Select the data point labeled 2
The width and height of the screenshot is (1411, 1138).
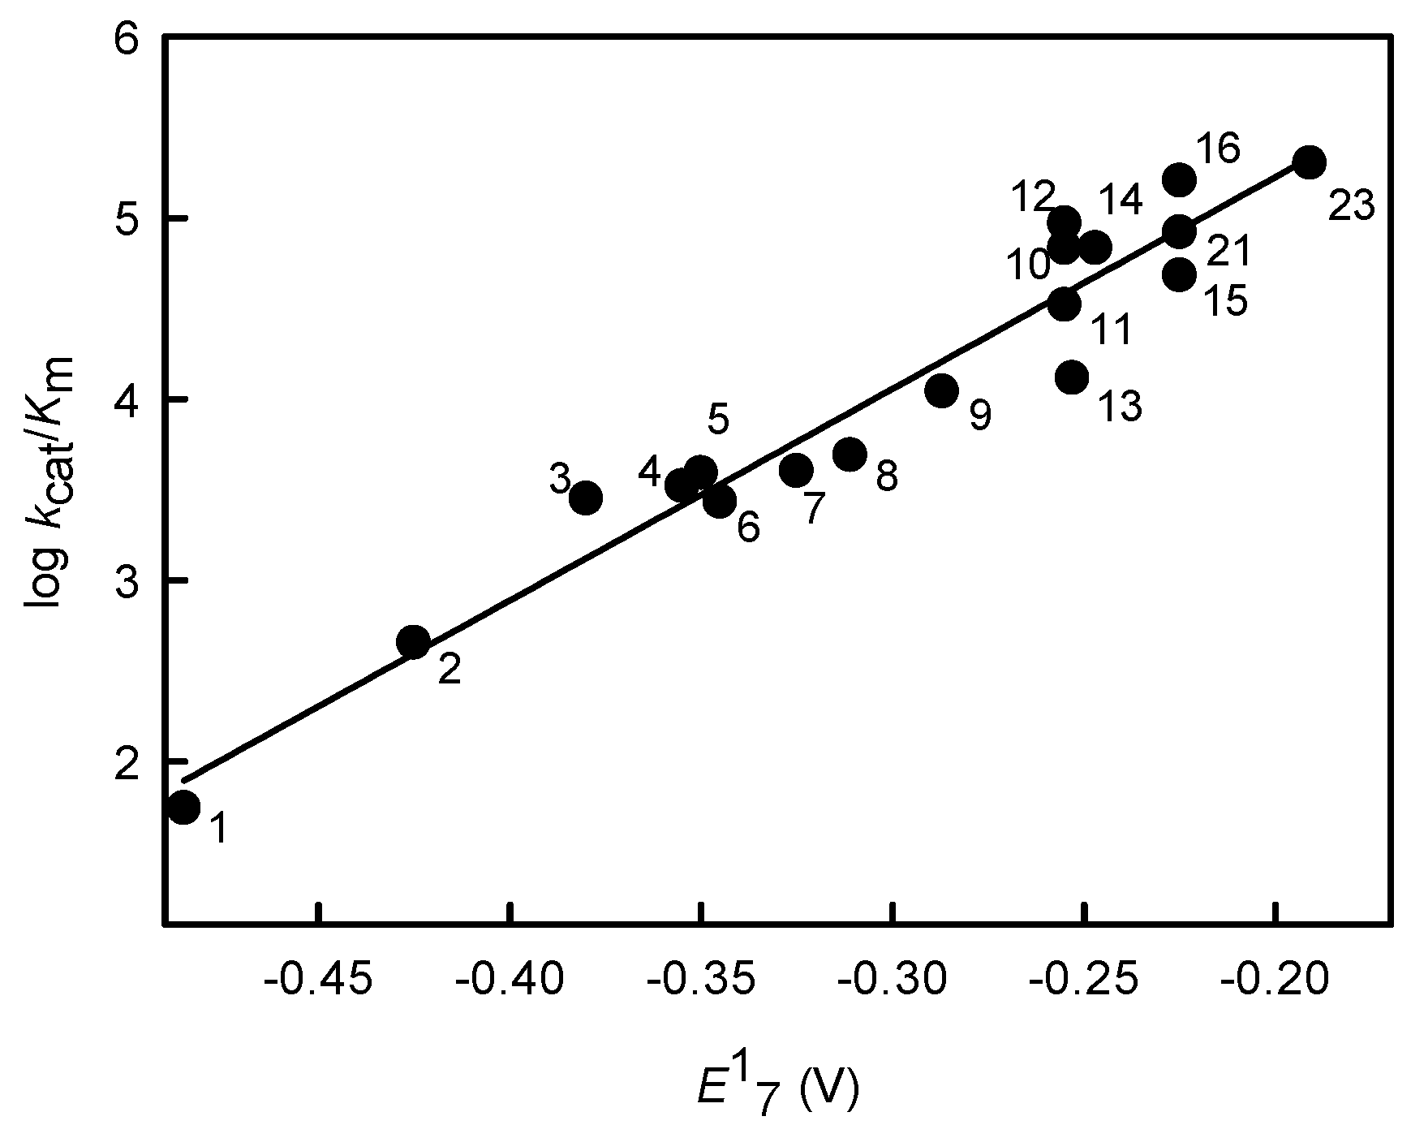pyautogui.click(x=414, y=643)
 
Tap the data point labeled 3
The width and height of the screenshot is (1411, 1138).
pyautogui.click(x=585, y=498)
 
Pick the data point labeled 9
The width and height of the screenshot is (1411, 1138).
pyautogui.click(x=941, y=390)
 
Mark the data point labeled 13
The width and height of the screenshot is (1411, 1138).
pyautogui.click(x=1072, y=377)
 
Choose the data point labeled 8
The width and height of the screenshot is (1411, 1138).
pyautogui.click(x=850, y=454)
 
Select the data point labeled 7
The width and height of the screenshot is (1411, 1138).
pyautogui.click(x=796, y=469)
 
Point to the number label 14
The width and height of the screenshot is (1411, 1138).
pyautogui.click(x=1121, y=200)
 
